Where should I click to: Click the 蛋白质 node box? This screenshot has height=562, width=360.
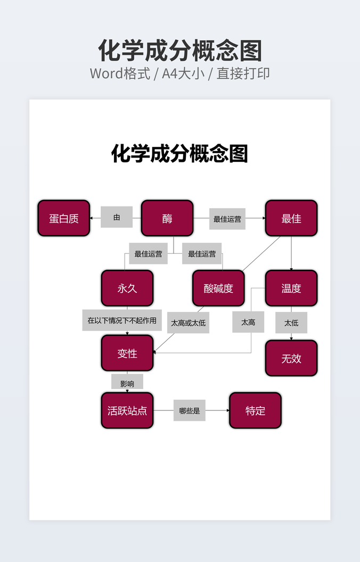[64, 218]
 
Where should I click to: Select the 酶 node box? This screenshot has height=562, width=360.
[167, 218]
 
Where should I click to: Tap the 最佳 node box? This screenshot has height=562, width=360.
[291, 218]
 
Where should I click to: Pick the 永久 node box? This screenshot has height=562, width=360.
[127, 288]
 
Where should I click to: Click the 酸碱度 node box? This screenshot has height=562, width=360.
[218, 288]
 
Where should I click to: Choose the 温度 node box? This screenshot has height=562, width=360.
[291, 288]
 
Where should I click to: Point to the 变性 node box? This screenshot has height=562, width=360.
[127, 353]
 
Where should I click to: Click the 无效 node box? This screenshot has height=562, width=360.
[291, 358]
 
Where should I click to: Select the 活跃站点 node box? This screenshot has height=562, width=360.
[127, 410]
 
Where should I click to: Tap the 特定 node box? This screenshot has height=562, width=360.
[255, 410]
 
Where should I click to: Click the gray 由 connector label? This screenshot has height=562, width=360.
[117, 217]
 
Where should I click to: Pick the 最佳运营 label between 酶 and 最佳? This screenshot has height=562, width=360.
[227, 219]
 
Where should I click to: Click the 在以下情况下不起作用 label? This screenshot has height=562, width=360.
[122, 320]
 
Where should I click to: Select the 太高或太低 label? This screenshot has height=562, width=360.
[188, 323]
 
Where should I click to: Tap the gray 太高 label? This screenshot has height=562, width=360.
[248, 322]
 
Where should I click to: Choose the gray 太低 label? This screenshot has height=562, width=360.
[291, 323]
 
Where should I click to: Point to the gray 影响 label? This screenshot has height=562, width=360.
[127, 383]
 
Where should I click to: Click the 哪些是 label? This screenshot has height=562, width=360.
[190, 410]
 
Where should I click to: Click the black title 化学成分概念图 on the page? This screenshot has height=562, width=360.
[179, 154]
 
